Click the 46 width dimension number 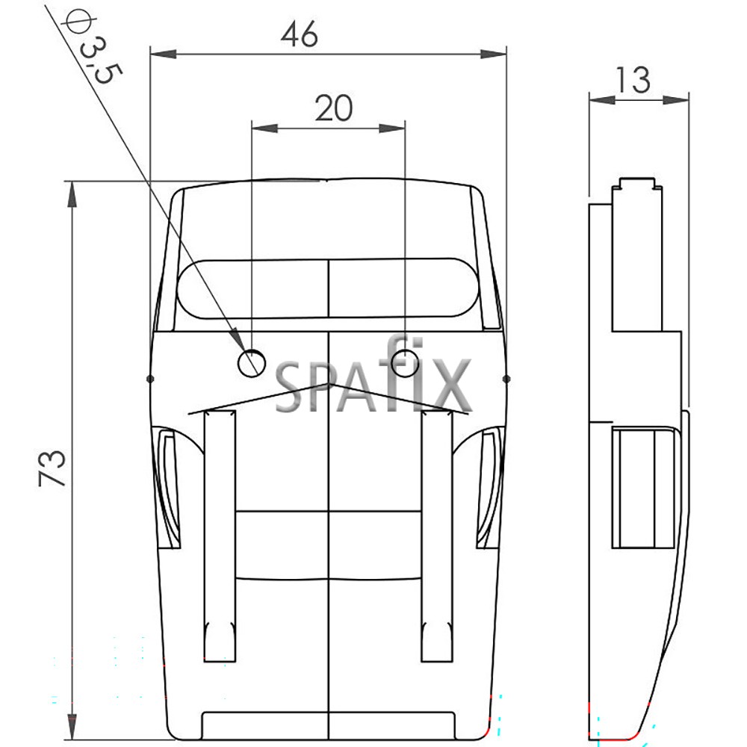click(x=300, y=34)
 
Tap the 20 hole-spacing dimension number click(x=334, y=108)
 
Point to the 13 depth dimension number click(x=633, y=80)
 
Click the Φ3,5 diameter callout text click(x=94, y=48)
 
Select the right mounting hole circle click(x=405, y=362)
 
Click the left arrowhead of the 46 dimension click(x=164, y=54)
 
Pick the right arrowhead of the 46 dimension click(x=493, y=54)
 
